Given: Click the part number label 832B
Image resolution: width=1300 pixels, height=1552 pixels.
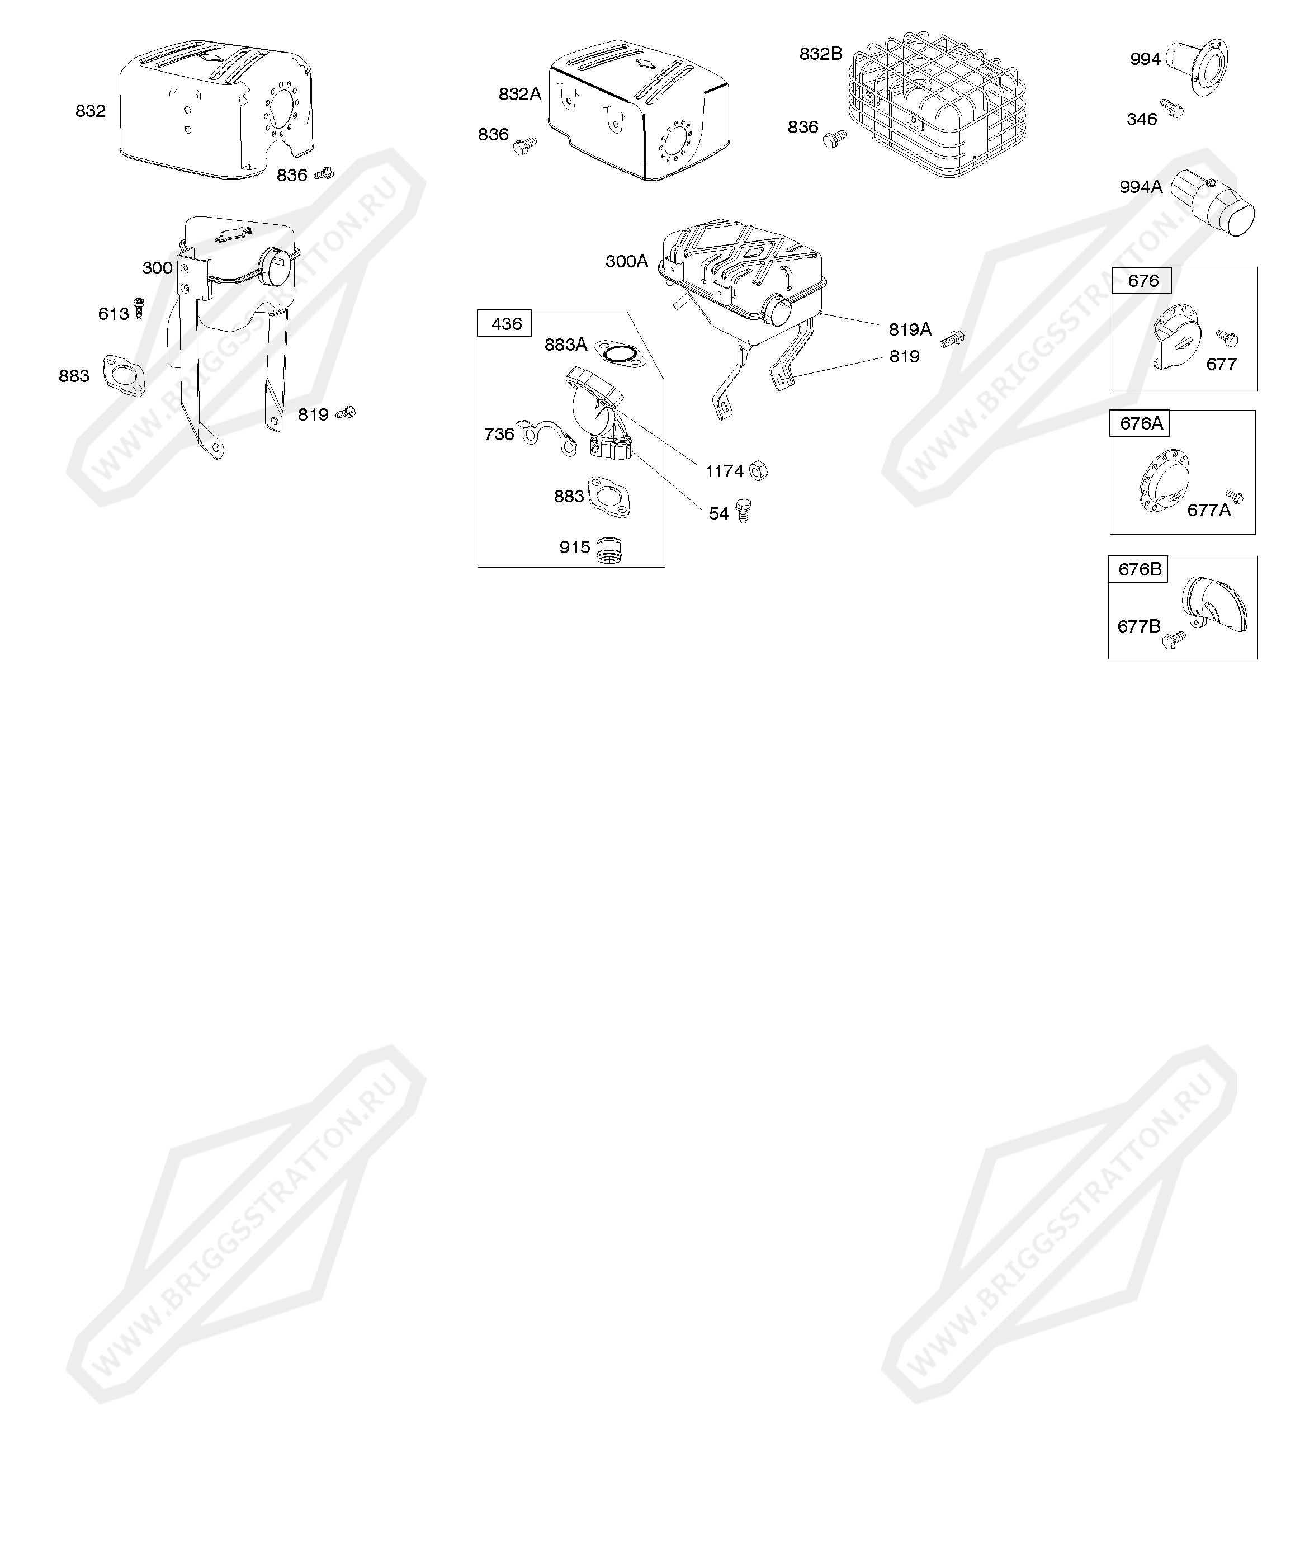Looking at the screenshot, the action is point(820,54).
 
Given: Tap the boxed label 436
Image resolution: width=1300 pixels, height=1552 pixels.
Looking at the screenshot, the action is point(506,324).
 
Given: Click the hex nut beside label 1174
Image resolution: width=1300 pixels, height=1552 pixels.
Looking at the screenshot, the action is point(758,470).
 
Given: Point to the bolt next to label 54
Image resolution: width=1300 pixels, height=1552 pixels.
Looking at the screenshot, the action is point(744,511).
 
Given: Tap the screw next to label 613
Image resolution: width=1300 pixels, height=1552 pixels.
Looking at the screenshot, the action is point(138,308).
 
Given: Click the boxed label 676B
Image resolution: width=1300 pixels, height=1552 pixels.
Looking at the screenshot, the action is point(1139,569).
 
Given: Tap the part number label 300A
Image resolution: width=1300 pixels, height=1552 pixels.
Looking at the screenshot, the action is point(627,261).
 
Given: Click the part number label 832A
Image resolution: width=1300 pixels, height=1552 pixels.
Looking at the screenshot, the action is point(519,94).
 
